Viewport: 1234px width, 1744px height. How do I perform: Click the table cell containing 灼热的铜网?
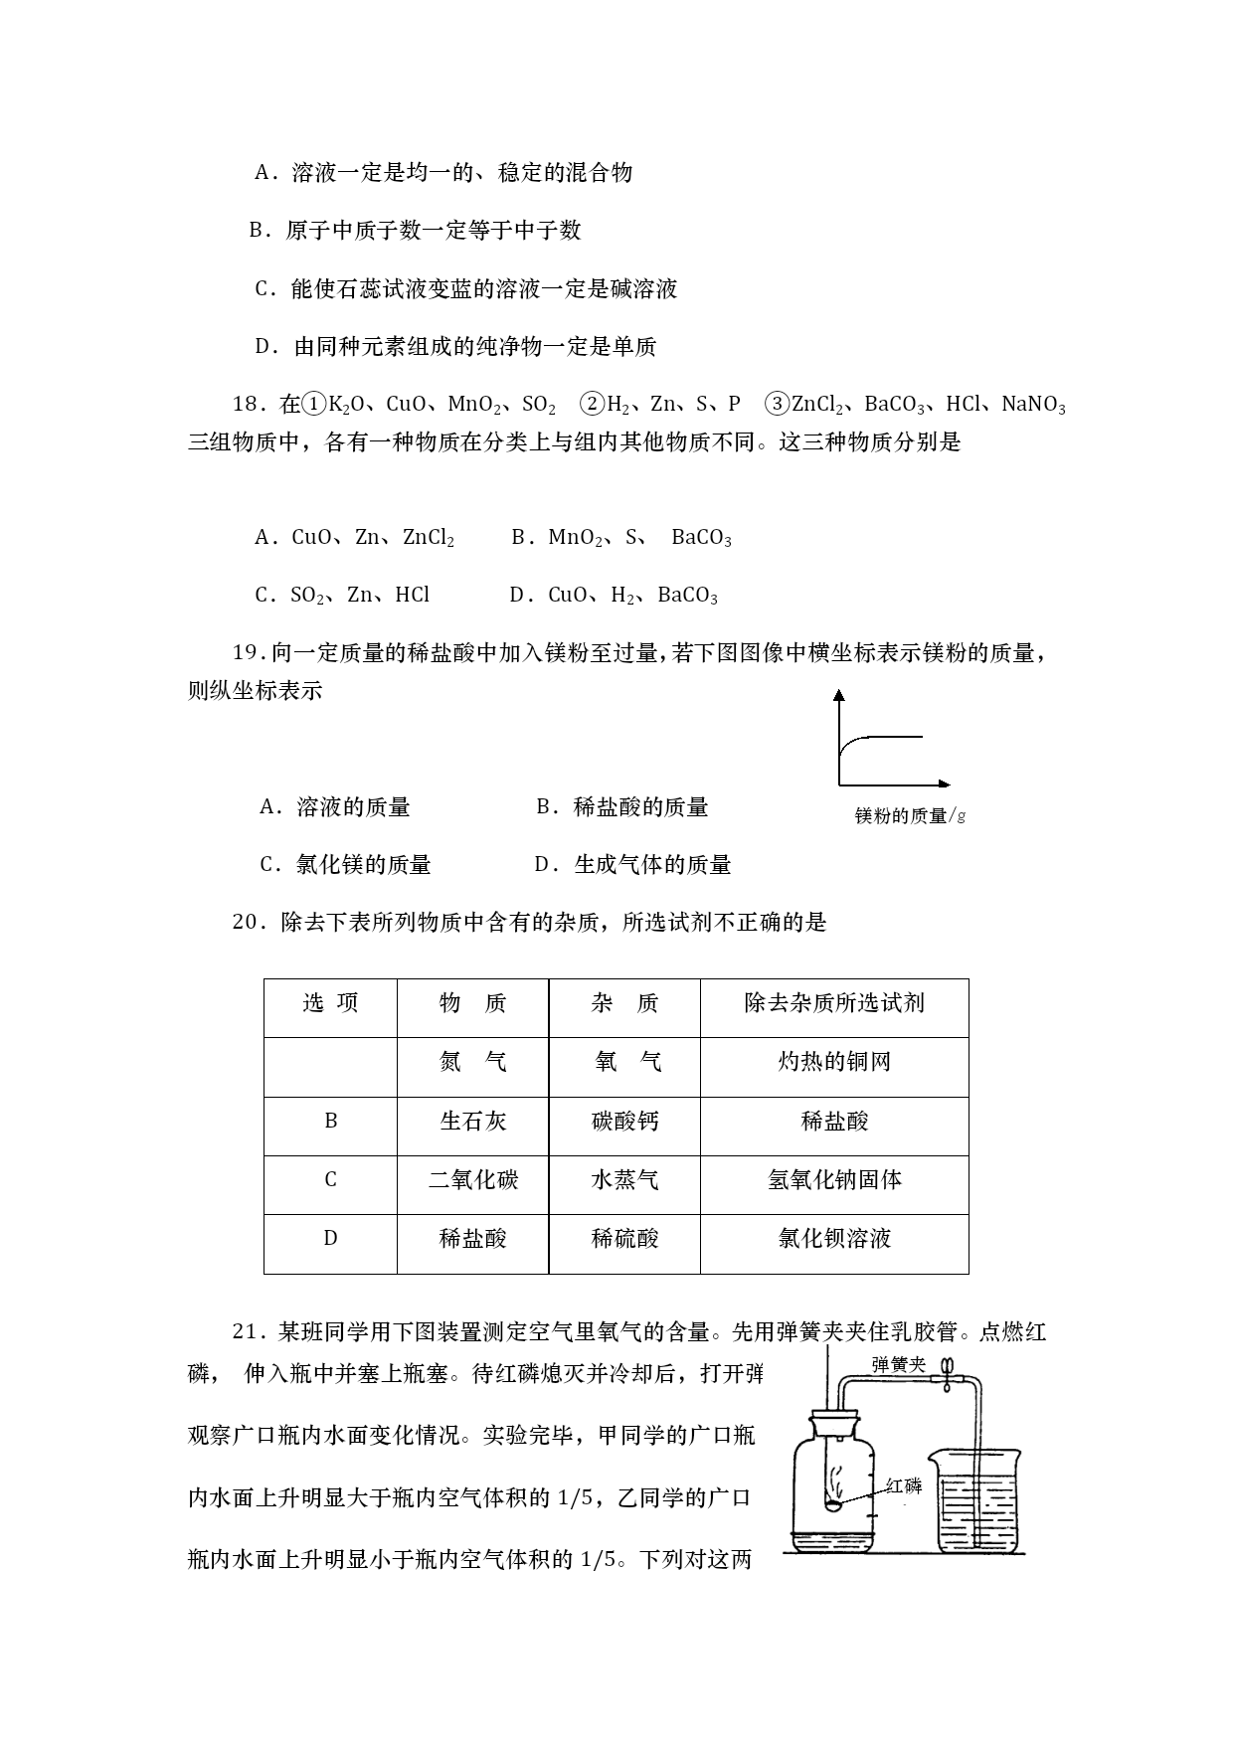click(x=834, y=1063)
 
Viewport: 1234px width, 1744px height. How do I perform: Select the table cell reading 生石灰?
click(x=473, y=1122)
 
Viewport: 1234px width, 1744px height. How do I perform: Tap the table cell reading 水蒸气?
click(x=624, y=1180)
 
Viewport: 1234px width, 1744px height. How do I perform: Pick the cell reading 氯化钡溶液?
click(x=834, y=1239)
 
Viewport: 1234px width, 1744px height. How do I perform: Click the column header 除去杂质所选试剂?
click(x=834, y=1003)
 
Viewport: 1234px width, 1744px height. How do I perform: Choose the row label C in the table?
click(x=331, y=1180)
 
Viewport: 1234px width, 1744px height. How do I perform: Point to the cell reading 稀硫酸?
click(x=624, y=1239)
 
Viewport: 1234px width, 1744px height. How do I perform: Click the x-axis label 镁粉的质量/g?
click(x=910, y=816)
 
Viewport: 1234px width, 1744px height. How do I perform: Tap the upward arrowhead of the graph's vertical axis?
click(x=839, y=696)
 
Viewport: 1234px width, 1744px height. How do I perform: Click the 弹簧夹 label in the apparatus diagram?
click(x=898, y=1364)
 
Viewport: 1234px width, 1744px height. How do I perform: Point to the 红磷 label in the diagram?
click(x=904, y=1486)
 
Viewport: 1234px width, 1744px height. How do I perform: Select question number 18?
click(x=246, y=405)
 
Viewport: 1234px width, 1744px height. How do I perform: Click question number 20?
click(x=246, y=923)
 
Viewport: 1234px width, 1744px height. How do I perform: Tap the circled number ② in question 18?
click(x=592, y=404)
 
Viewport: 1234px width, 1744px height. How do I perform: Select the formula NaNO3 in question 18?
click(x=1033, y=405)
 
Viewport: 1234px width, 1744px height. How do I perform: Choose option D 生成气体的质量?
click(x=633, y=865)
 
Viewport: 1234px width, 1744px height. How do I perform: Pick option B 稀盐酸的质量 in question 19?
click(x=622, y=807)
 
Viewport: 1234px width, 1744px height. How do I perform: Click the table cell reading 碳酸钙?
click(x=624, y=1122)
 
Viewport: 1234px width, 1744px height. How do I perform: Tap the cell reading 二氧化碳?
click(x=473, y=1180)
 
